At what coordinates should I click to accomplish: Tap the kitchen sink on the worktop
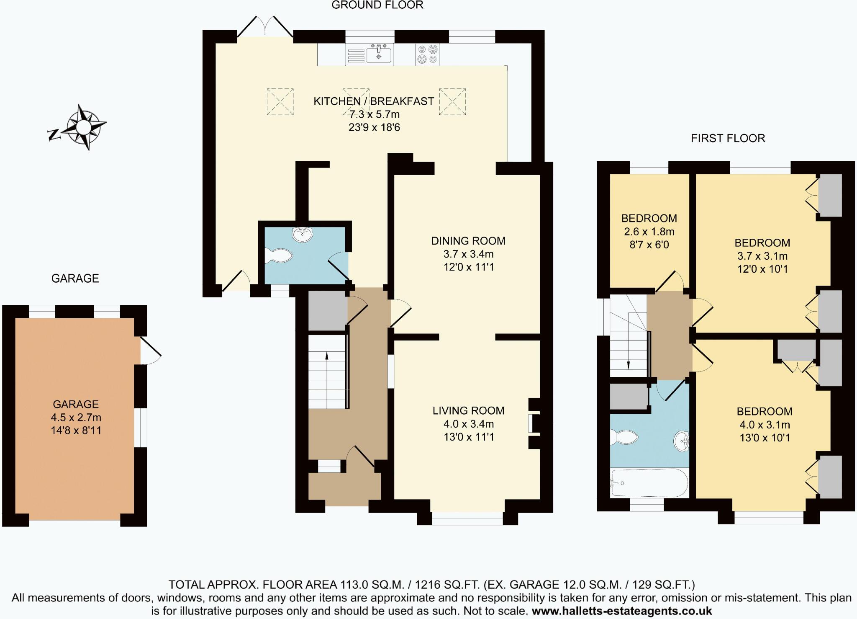(379, 55)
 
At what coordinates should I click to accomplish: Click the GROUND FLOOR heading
(377, 5)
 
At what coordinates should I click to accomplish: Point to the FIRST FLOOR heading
(728, 138)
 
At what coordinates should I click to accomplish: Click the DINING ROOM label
(468, 241)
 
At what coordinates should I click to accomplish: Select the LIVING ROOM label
(468, 410)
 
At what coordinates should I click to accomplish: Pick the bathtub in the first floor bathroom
(649, 482)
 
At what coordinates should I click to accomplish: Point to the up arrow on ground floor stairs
(327, 356)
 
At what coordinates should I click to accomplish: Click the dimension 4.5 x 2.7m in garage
(76, 418)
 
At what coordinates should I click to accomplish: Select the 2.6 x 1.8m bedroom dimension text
(649, 232)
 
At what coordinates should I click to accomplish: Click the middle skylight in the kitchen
(356, 101)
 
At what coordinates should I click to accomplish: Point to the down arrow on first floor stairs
(629, 365)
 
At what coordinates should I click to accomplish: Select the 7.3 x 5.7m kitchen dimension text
(374, 114)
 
